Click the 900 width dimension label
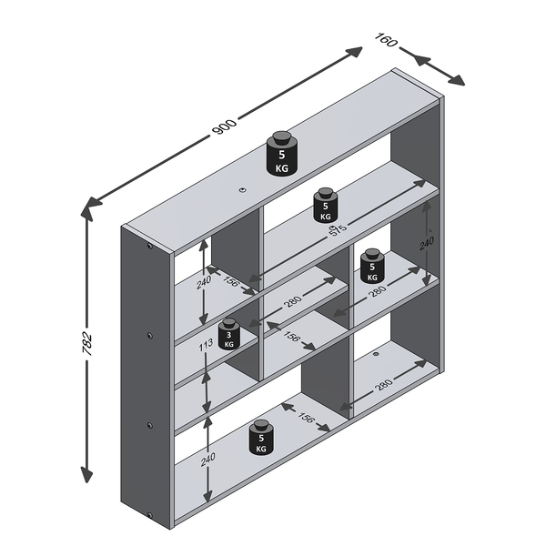pyautogui.click(x=224, y=126)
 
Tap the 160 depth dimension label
pyautogui.click(x=386, y=40)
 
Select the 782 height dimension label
pyautogui.click(x=86, y=344)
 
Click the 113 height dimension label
pyautogui.click(x=206, y=346)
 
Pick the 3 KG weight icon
pyautogui.click(x=228, y=334)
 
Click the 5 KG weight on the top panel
pyautogui.click(x=282, y=153)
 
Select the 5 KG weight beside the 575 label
pyautogui.click(x=326, y=205)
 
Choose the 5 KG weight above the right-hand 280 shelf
pyautogui.click(x=372, y=266)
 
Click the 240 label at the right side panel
pyautogui.click(x=426, y=243)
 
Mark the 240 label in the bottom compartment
pyautogui.click(x=207, y=459)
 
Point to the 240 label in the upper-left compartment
pyautogui.click(x=203, y=282)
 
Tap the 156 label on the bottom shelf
pyautogui.click(x=306, y=417)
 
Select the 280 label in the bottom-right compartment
pyautogui.click(x=383, y=385)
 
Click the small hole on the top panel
pyautogui.click(x=242, y=190)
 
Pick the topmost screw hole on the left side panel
pyautogui.click(x=150, y=246)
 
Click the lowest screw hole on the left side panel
pyautogui.click(x=150, y=515)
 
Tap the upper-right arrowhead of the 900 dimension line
pyautogui.click(x=354, y=52)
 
